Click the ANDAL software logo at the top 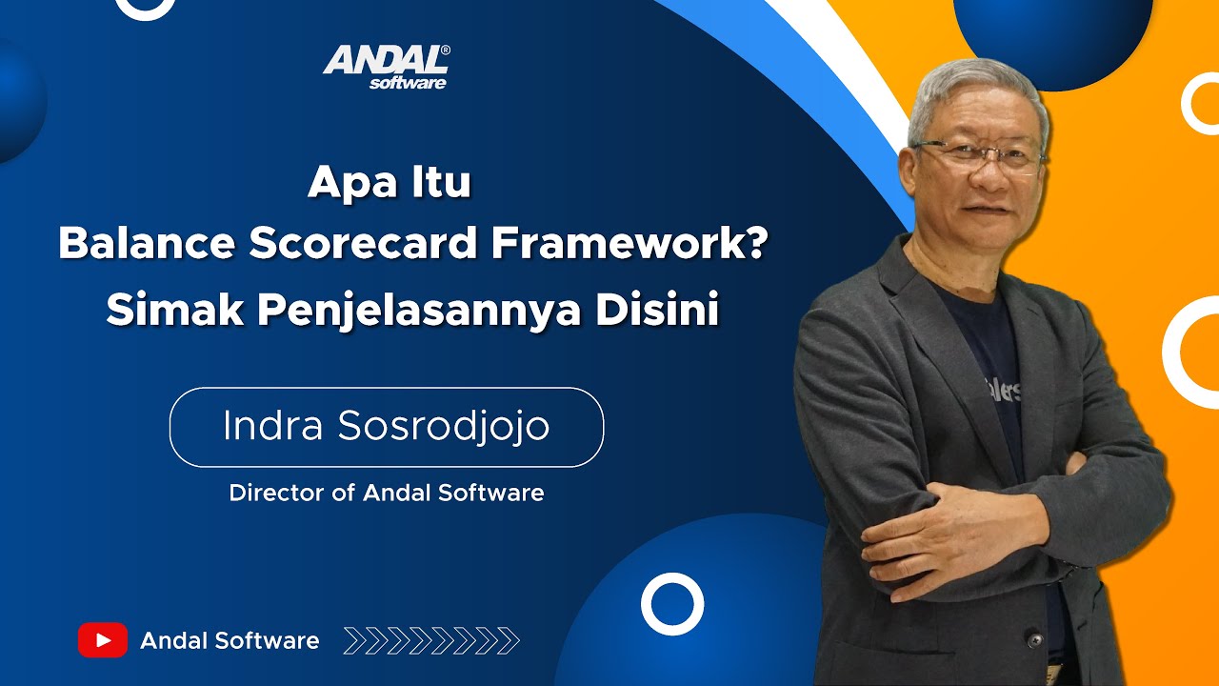[x=386, y=67]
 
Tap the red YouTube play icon [x=103, y=640]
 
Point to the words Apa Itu [x=389, y=181]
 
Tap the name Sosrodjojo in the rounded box [x=444, y=427]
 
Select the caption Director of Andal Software [x=386, y=493]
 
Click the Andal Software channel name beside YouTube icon [x=230, y=640]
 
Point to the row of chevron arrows [x=430, y=640]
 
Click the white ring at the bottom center [x=672, y=604]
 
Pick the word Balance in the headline [x=145, y=245]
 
